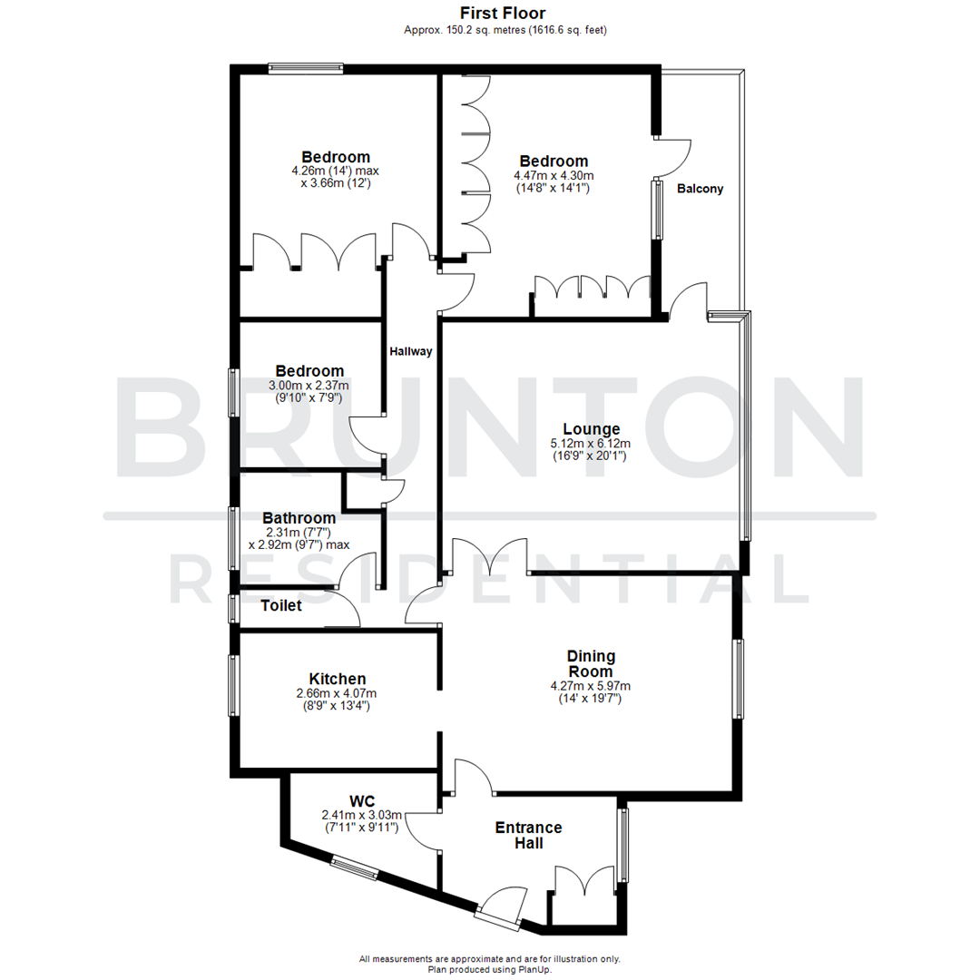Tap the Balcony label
tap(701, 190)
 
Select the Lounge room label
tap(591, 429)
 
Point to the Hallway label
tap(411, 351)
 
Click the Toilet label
tap(281, 606)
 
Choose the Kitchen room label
tap(338, 679)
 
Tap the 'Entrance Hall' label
tap(528, 835)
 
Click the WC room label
tap(363, 801)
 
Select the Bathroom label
tap(299, 518)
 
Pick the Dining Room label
tap(591, 663)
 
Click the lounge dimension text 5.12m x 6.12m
tap(591, 444)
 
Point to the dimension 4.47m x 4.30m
tap(554, 176)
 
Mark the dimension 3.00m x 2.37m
tap(309, 386)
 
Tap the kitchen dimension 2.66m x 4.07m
tap(338, 693)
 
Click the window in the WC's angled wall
tap(354, 869)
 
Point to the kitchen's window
tap(233, 687)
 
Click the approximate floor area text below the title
tap(505, 30)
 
